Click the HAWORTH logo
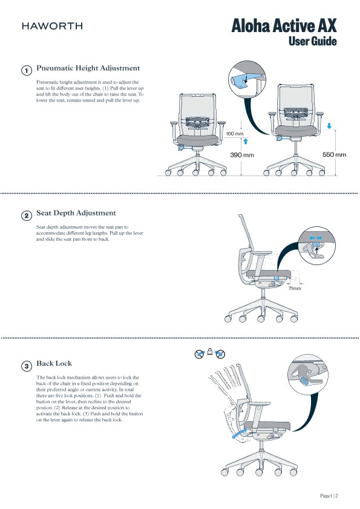pos(52,26)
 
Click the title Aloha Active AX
pos(284,26)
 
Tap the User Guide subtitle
pos(312,41)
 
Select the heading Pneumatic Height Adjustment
pos(88,68)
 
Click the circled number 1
pos(27,71)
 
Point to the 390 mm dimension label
pos(241,155)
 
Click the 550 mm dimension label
pos(334,155)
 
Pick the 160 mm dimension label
pos(235,133)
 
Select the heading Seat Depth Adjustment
pos(76,213)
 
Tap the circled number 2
pos(27,215)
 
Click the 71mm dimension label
pos(295,289)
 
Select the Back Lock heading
pos(54,363)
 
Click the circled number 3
pos(27,366)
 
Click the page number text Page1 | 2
pos(329,496)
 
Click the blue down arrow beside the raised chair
pos(329,126)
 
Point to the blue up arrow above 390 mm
pos(246,141)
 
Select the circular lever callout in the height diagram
pos(246,80)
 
